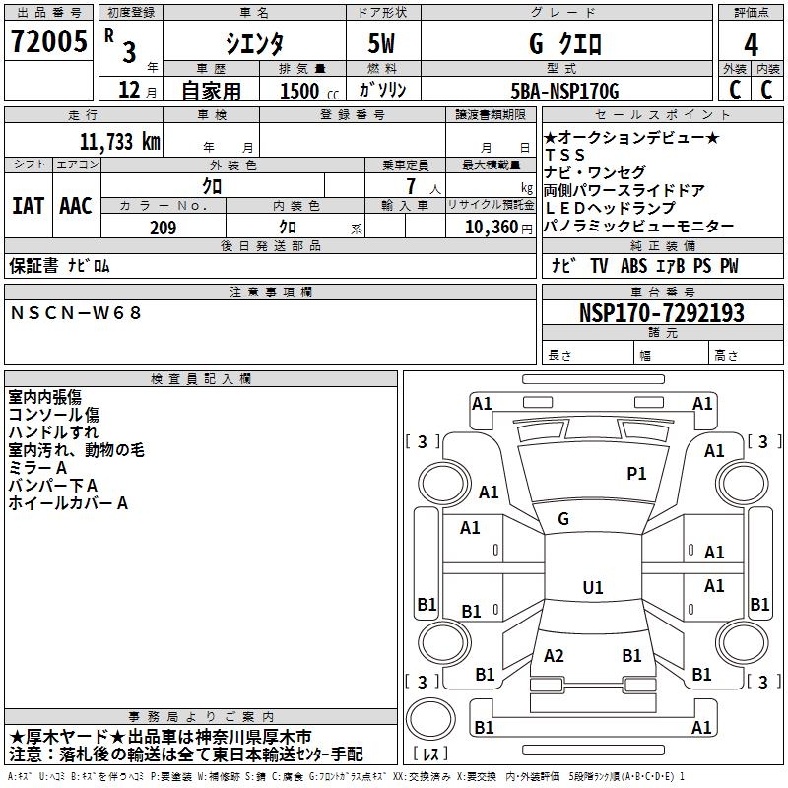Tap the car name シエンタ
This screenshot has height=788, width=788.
(x=254, y=43)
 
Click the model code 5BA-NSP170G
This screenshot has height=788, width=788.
(x=565, y=91)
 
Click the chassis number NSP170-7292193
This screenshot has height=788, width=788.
(x=661, y=313)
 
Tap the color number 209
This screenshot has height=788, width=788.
(x=163, y=228)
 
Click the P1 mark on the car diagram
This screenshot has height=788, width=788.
(x=636, y=474)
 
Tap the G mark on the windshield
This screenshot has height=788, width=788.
(x=563, y=518)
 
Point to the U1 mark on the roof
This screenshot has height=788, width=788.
(x=592, y=588)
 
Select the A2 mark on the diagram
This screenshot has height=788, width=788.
(x=554, y=656)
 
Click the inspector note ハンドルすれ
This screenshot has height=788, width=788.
(x=53, y=432)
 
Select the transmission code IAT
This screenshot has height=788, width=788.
(x=28, y=205)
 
